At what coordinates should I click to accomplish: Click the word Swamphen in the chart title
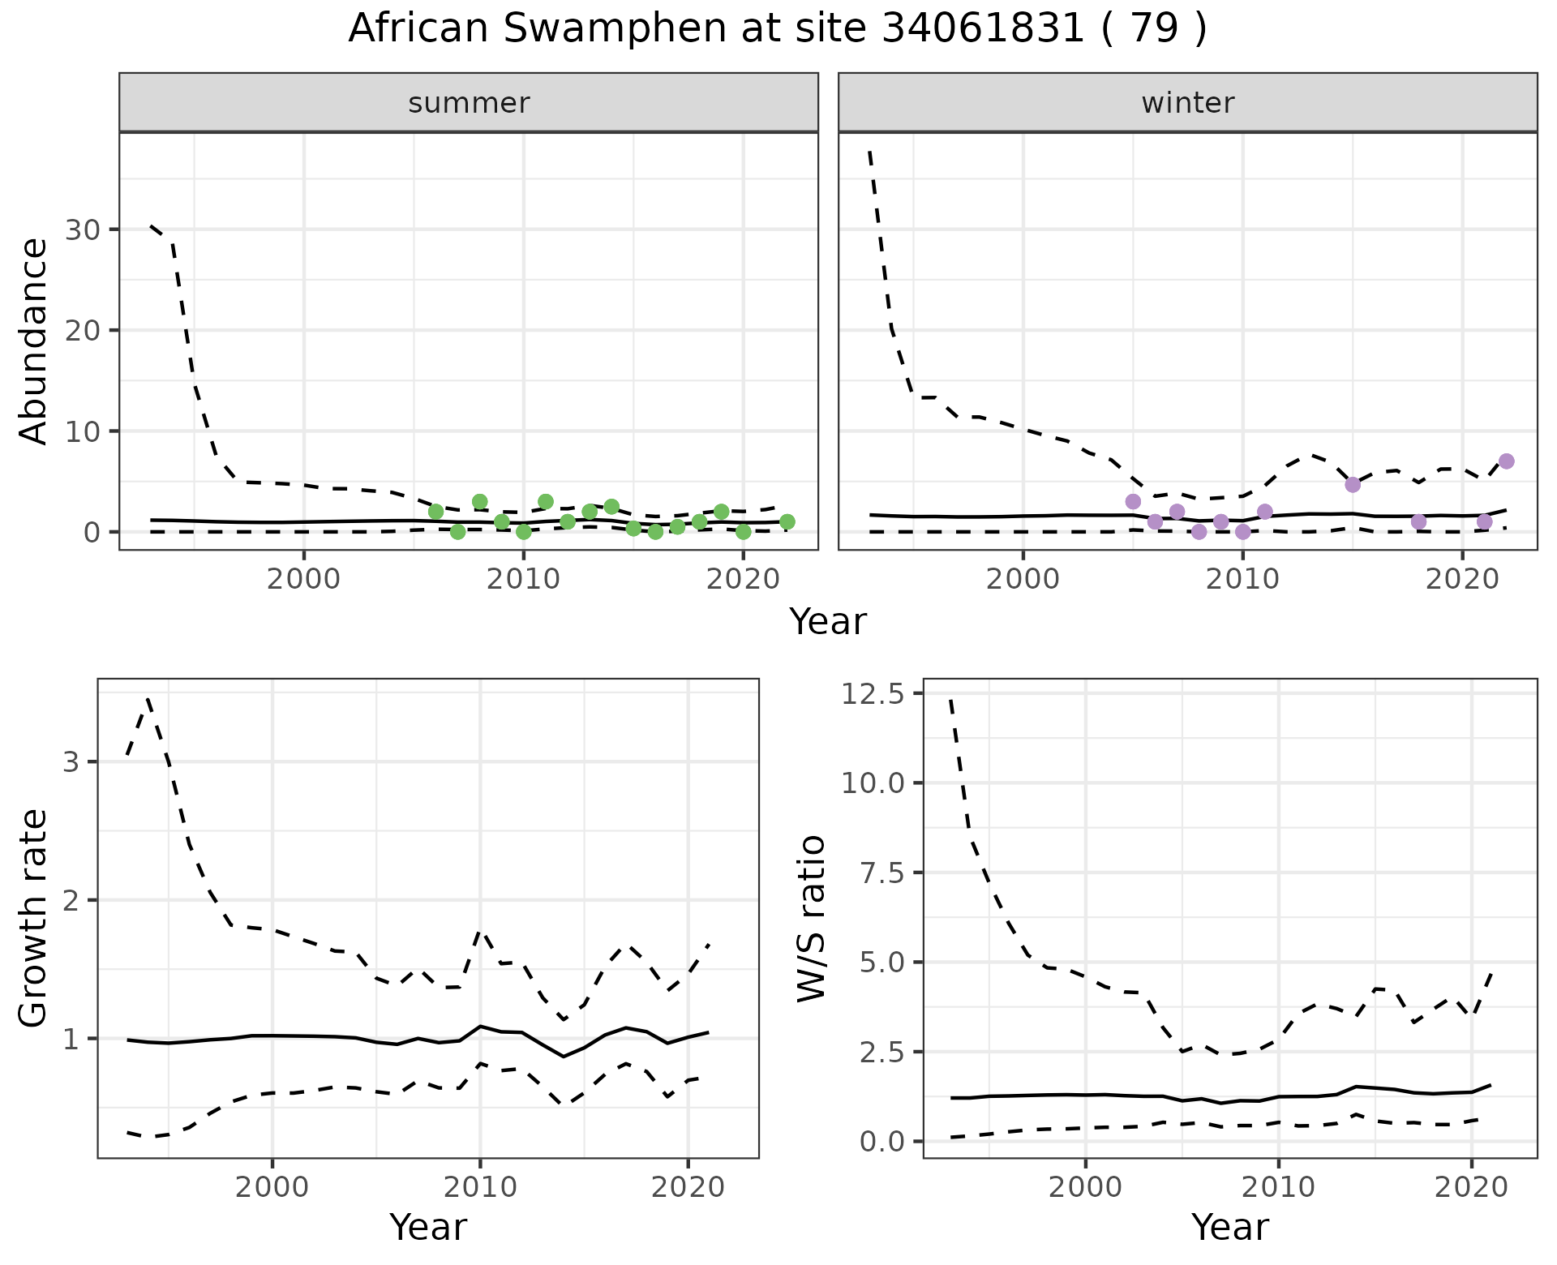(614, 29)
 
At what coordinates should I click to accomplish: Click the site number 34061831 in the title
(980, 29)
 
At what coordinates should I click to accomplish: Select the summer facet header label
(469, 103)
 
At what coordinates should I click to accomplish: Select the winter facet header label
(1187, 103)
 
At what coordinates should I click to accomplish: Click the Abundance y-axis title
(33, 341)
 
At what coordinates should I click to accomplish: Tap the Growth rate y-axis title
(33, 919)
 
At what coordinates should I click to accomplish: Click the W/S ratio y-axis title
(811, 919)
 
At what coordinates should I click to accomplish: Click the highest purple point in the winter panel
(1506, 461)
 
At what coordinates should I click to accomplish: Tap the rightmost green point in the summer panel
(787, 521)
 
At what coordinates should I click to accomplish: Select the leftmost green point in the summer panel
(435, 512)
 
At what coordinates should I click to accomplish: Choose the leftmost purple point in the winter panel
(1133, 502)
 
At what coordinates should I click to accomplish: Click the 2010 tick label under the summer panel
(523, 579)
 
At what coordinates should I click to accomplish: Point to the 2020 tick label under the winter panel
(1461, 579)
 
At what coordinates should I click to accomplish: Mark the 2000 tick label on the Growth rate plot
(272, 1187)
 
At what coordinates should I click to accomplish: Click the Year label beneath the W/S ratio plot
(1229, 1227)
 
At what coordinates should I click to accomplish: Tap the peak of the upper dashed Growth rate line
(148, 698)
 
